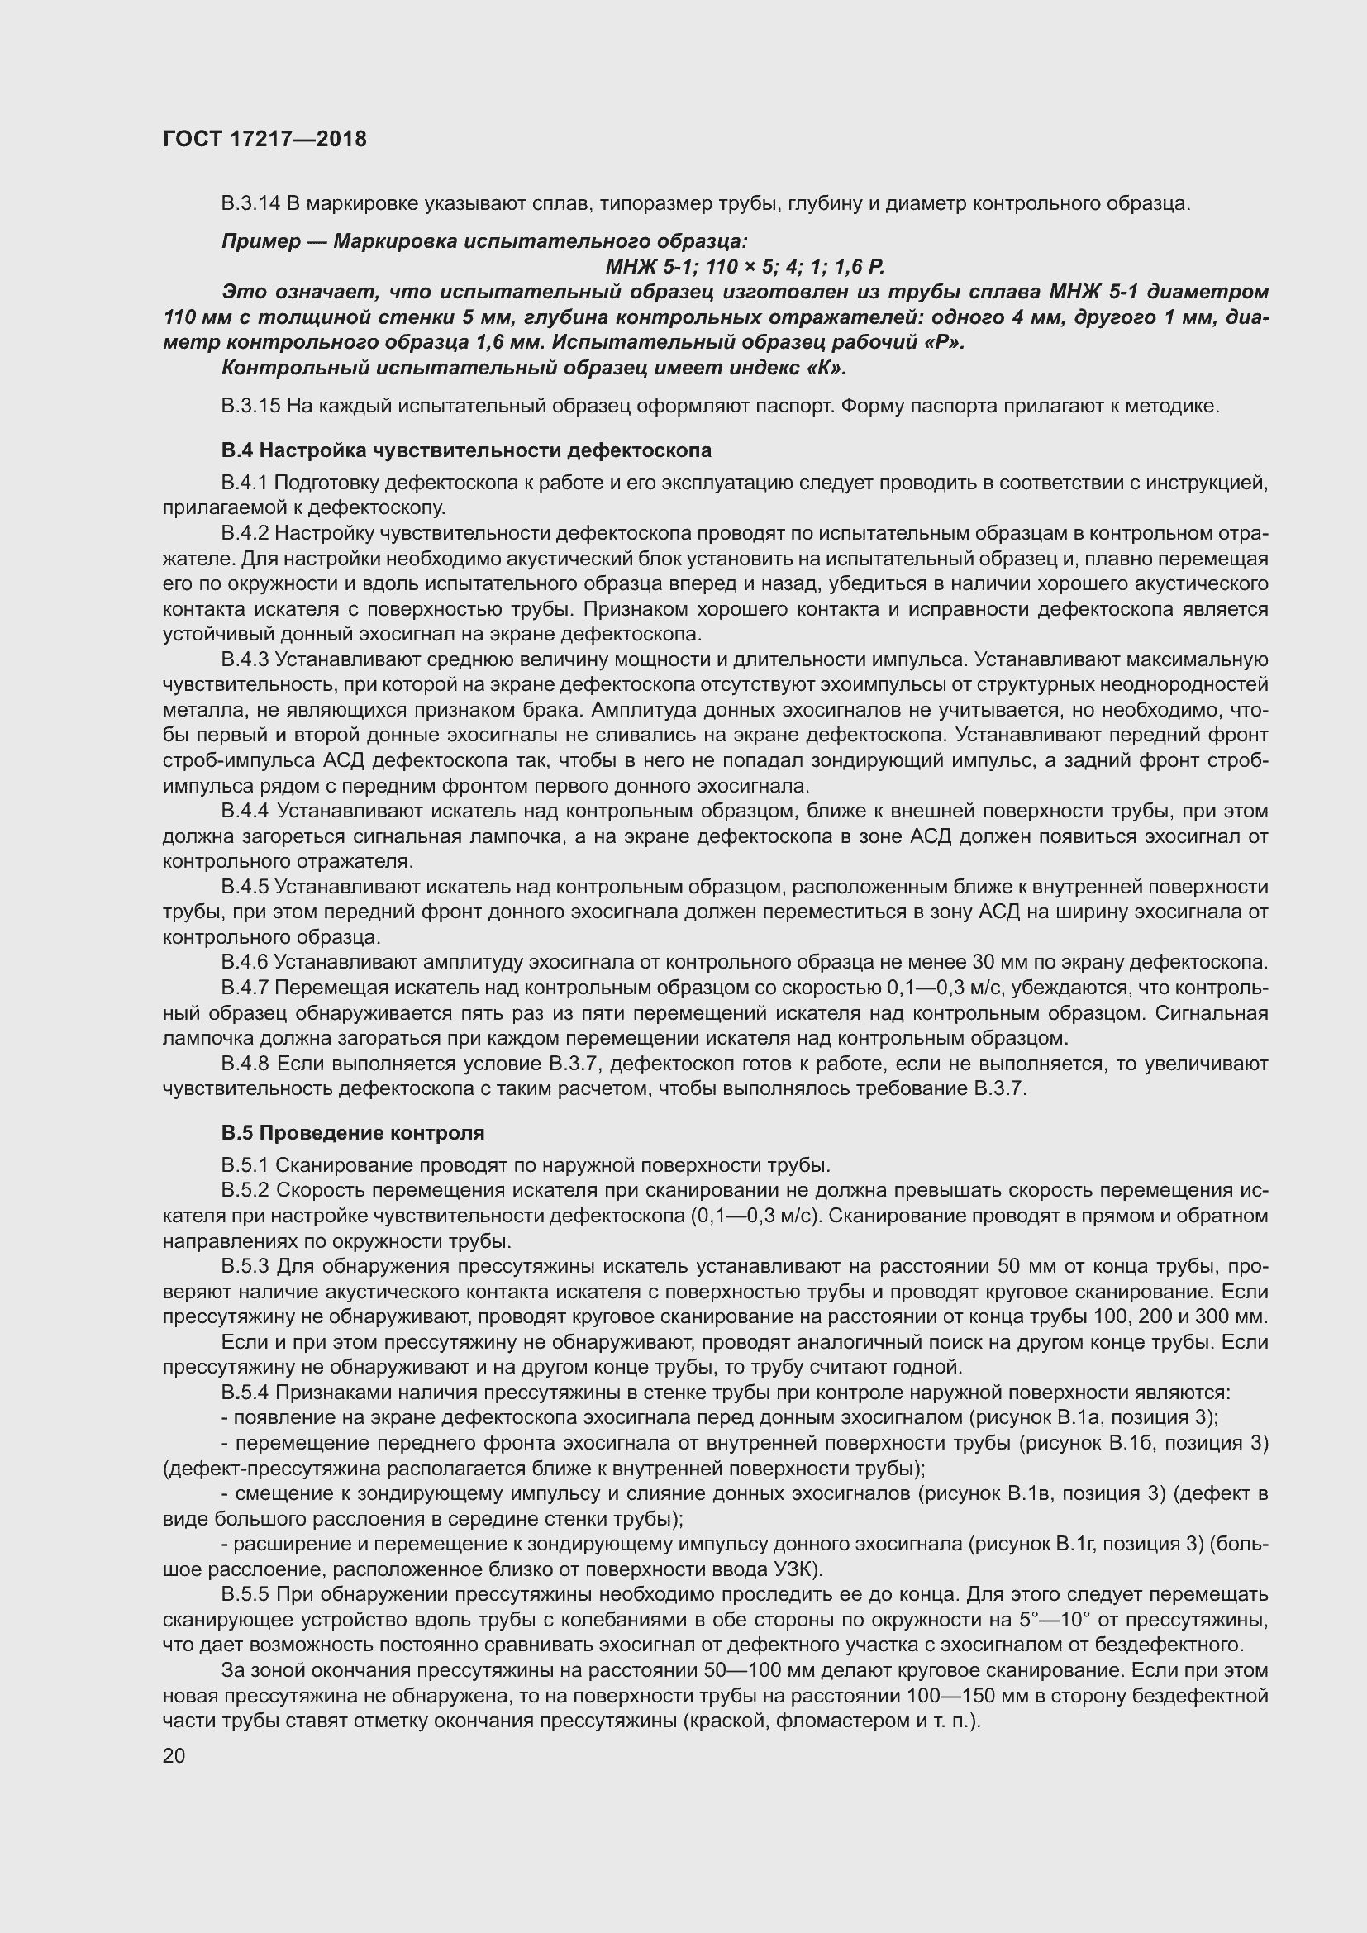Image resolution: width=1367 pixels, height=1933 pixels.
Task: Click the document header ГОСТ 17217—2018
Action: (x=264, y=139)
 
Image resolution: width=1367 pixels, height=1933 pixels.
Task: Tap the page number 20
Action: (x=174, y=1756)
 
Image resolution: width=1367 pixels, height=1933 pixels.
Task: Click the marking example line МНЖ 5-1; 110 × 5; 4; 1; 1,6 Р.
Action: (x=745, y=267)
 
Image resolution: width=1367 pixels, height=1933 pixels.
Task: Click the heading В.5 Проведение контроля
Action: (x=353, y=1132)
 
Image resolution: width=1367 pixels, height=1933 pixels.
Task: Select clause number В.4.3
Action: (x=245, y=660)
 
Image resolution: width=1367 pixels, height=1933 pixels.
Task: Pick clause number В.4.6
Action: (x=245, y=962)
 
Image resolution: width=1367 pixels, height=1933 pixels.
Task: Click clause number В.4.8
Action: (x=245, y=1064)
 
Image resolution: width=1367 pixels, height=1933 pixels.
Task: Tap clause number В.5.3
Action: (x=245, y=1266)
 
